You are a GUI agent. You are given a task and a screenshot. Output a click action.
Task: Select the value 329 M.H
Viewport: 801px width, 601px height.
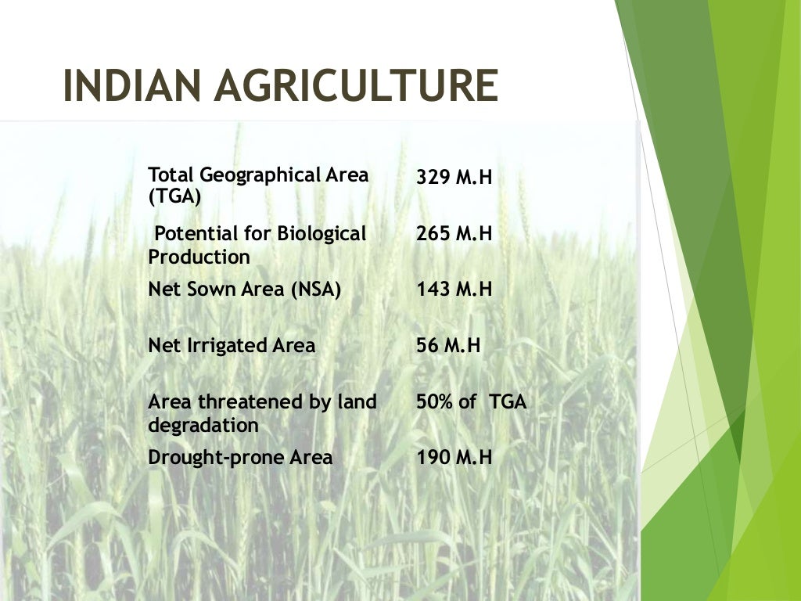454,177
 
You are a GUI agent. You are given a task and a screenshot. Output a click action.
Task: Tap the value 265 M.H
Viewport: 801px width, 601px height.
454,233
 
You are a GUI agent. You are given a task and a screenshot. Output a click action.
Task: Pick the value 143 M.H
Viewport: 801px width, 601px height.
454,290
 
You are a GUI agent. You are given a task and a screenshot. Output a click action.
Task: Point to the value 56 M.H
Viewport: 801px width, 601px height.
447,346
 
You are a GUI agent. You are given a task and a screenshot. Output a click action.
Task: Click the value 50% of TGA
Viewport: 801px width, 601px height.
471,403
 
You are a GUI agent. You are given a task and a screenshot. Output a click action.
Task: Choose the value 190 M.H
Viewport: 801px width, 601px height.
454,458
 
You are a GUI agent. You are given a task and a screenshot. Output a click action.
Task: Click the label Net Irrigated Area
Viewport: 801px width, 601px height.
232,346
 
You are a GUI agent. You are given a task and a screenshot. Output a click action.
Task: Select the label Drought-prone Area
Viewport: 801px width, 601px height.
240,458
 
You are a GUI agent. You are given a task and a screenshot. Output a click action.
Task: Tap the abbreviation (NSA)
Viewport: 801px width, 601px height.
316,290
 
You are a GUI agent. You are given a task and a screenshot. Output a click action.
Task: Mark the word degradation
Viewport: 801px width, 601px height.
203,426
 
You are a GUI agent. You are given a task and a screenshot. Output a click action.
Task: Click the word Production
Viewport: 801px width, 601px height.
199,257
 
